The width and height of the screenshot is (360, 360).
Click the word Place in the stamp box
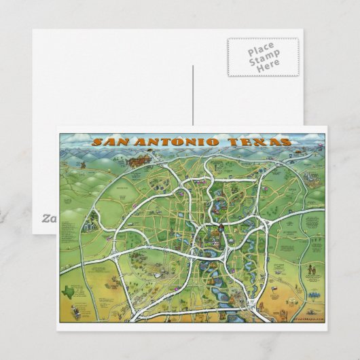(262, 52)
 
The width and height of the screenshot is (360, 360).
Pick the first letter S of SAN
(96, 143)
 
